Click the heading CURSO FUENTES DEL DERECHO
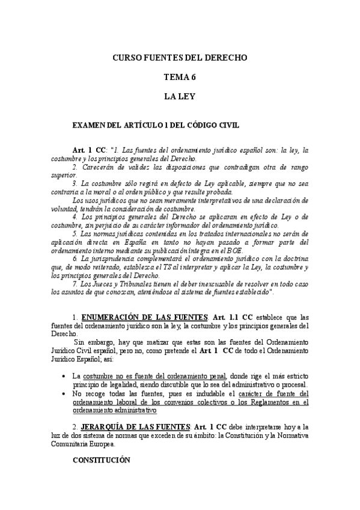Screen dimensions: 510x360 180,58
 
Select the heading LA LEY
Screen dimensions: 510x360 180,95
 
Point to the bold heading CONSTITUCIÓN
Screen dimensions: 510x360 101,459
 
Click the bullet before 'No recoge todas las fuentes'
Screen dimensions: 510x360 64,393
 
